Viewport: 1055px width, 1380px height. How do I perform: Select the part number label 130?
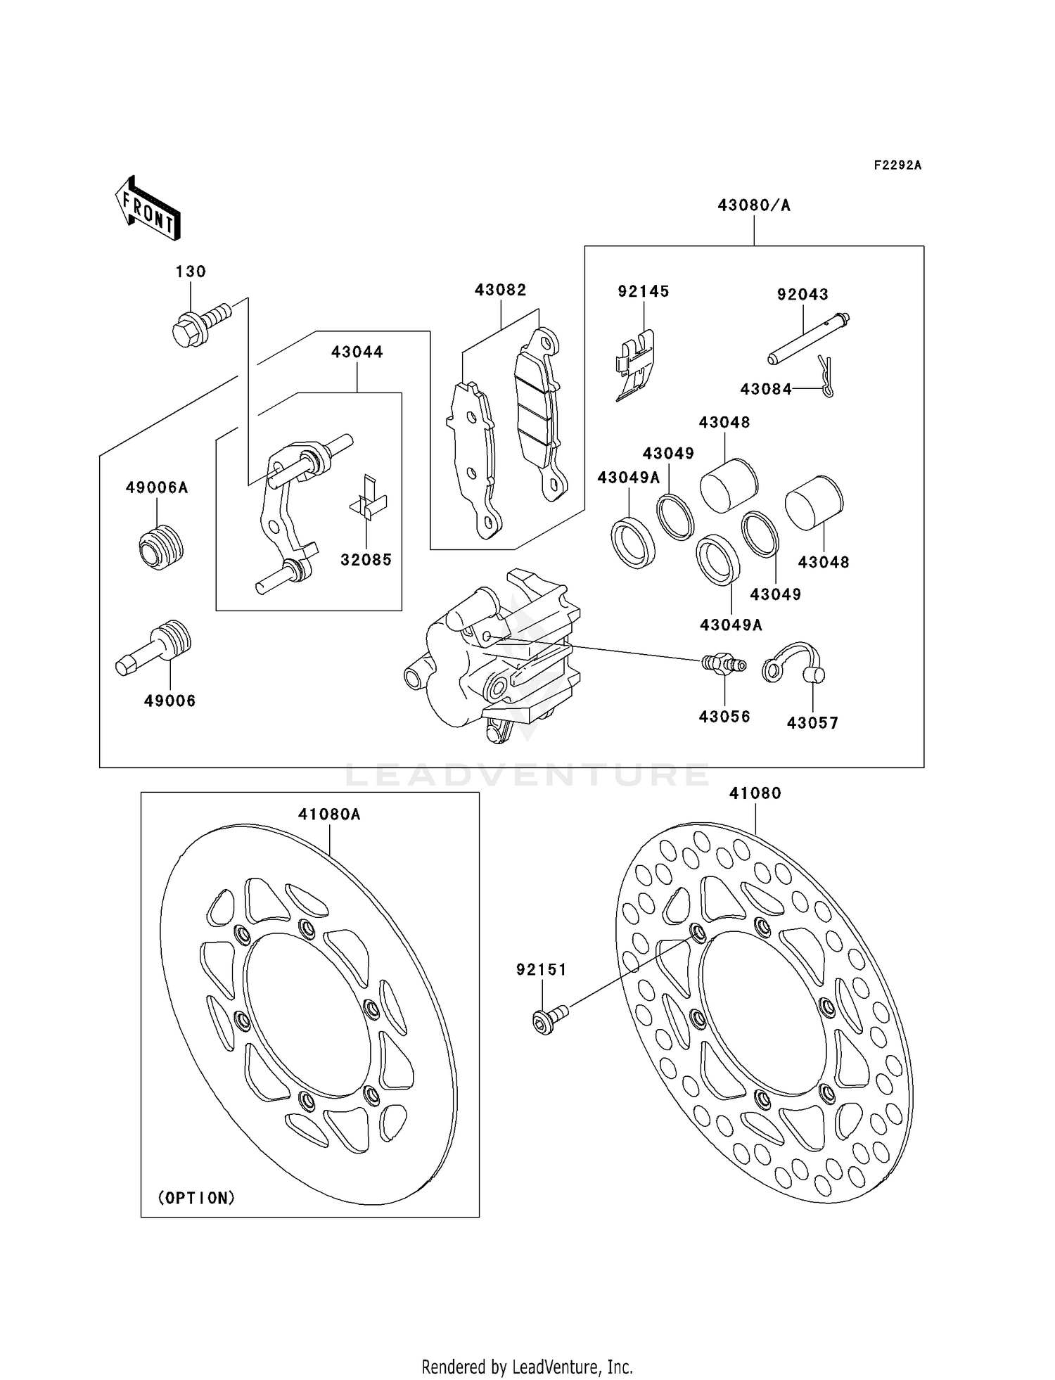coord(191,271)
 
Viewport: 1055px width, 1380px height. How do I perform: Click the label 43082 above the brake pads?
coord(501,290)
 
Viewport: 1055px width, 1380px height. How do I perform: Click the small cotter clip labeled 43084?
coord(828,378)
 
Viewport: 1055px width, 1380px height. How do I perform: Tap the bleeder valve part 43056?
coord(723,663)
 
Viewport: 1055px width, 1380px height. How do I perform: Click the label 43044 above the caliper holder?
coord(357,352)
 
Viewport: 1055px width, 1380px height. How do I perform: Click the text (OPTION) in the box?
coord(196,1198)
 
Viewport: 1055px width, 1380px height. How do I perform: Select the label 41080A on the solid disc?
coord(329,814)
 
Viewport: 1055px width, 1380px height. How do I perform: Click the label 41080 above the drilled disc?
coord(755,793)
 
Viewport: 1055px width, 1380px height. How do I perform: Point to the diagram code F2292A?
coord(897,165)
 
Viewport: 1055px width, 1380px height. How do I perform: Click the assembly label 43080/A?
coord(754,205)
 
